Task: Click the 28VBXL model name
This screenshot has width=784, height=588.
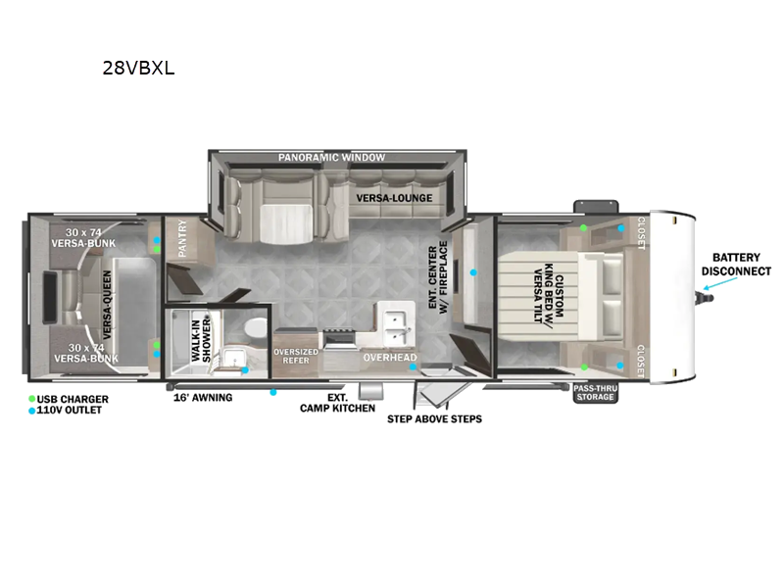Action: pos(138,68)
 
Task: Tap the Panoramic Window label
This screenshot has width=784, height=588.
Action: pos(331,158)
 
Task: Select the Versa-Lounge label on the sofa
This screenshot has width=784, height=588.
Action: pos(394,198)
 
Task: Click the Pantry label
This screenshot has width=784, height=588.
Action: pos(182,238)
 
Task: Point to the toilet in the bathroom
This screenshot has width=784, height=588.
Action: pos(256,328)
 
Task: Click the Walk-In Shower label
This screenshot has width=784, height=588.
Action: pos(201,340)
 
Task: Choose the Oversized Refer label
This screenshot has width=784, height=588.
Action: pos(296,356)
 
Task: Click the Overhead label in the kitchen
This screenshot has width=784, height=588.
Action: pos(389,357)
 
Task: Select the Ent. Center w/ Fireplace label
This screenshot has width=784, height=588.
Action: pos(437,277)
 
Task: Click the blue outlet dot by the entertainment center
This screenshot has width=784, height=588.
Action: pos(473,272)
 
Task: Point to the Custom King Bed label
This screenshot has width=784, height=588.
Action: pos(549,293)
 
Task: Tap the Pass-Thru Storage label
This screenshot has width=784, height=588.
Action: pos(595,393)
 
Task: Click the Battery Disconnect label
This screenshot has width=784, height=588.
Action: pos(736,264)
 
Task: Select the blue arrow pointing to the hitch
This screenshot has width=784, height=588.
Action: pos(720,283)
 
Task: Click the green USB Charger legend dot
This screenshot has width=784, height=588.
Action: pos(32,399)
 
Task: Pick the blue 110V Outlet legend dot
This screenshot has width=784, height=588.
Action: pos(32,411)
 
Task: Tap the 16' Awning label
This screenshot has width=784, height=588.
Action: pos(203,398)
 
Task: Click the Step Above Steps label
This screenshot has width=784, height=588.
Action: pos(434,419)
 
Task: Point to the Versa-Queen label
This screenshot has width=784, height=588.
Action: pos(107,305)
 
